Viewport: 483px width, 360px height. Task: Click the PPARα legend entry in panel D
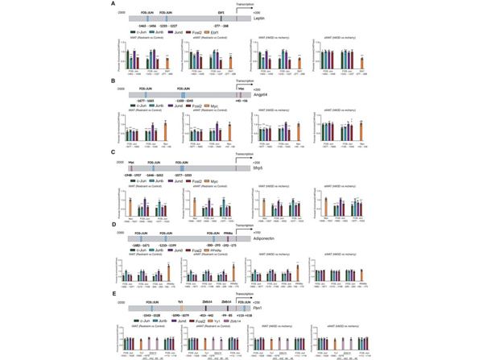point(229,251)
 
